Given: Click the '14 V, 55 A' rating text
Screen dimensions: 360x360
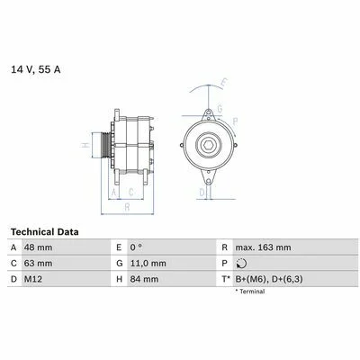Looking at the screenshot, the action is click(36, 69).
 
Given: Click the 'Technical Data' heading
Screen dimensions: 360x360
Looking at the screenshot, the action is click(45, 232).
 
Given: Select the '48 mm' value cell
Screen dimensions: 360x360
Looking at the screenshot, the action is click(38, 247).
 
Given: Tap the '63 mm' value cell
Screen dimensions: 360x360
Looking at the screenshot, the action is click(38, 264).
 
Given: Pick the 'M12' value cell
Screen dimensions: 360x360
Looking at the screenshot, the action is click(33, 279).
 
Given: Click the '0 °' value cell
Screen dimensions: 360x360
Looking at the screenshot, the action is click(136, 247).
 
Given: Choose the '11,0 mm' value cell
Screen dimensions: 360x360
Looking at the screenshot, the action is click(148, 264).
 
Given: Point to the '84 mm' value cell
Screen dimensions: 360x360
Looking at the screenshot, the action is click(144, 279).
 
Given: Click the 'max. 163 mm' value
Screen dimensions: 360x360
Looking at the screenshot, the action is click(263, 247).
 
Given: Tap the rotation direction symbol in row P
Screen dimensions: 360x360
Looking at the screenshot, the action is click(241, 264).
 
